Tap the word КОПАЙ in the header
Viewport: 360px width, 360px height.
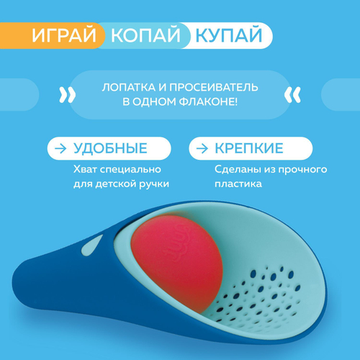(144, 35)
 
